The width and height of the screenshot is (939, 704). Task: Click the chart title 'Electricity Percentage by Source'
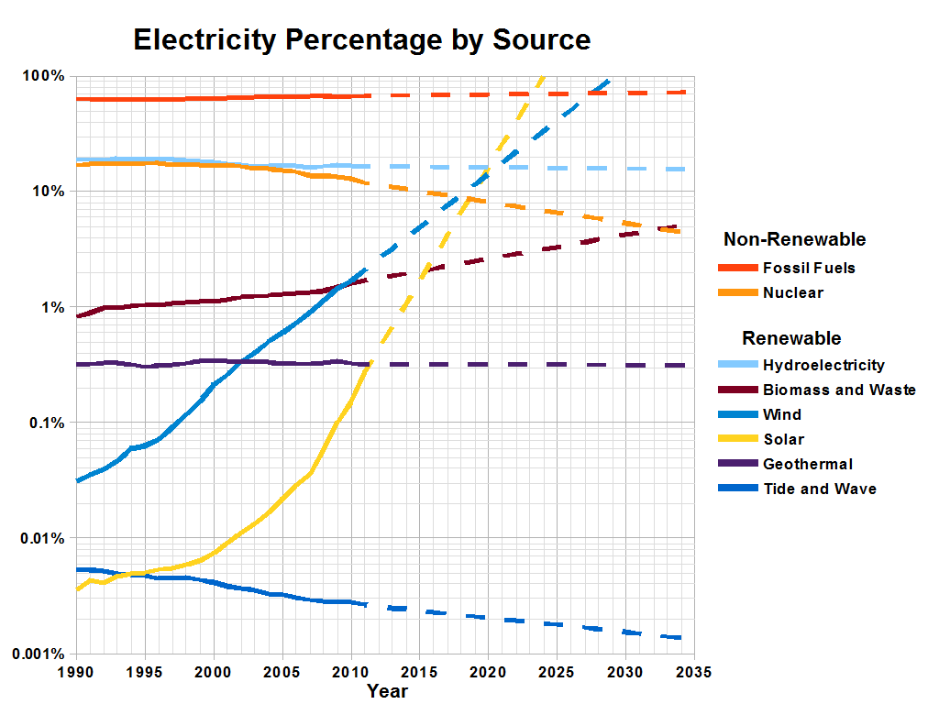(361, 40)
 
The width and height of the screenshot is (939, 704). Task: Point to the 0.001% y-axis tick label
(38, 654)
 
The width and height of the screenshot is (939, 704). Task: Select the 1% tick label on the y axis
(51, 307)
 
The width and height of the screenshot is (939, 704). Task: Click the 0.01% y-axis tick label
(42, 538)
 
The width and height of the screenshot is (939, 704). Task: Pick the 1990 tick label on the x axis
(76, 672)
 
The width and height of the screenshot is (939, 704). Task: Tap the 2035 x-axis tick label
(693, 672)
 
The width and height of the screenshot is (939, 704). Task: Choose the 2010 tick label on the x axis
(350, 672)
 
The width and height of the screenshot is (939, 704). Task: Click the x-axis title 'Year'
(386, 691)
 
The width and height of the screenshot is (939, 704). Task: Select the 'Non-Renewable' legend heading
(794, 240)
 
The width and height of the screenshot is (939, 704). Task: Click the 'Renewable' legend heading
(790, 338)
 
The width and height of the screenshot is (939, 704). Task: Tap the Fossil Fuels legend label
(809, 269)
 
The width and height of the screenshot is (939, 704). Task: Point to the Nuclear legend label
(792, 293)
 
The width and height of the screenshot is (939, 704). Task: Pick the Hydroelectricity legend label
(823, 365)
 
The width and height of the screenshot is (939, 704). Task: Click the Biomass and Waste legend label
(839, 390)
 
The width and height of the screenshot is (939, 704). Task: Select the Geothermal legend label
(807, 464)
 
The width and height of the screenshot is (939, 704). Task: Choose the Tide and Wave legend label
(819, 489)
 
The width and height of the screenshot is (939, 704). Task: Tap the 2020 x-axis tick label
(487, 672)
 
